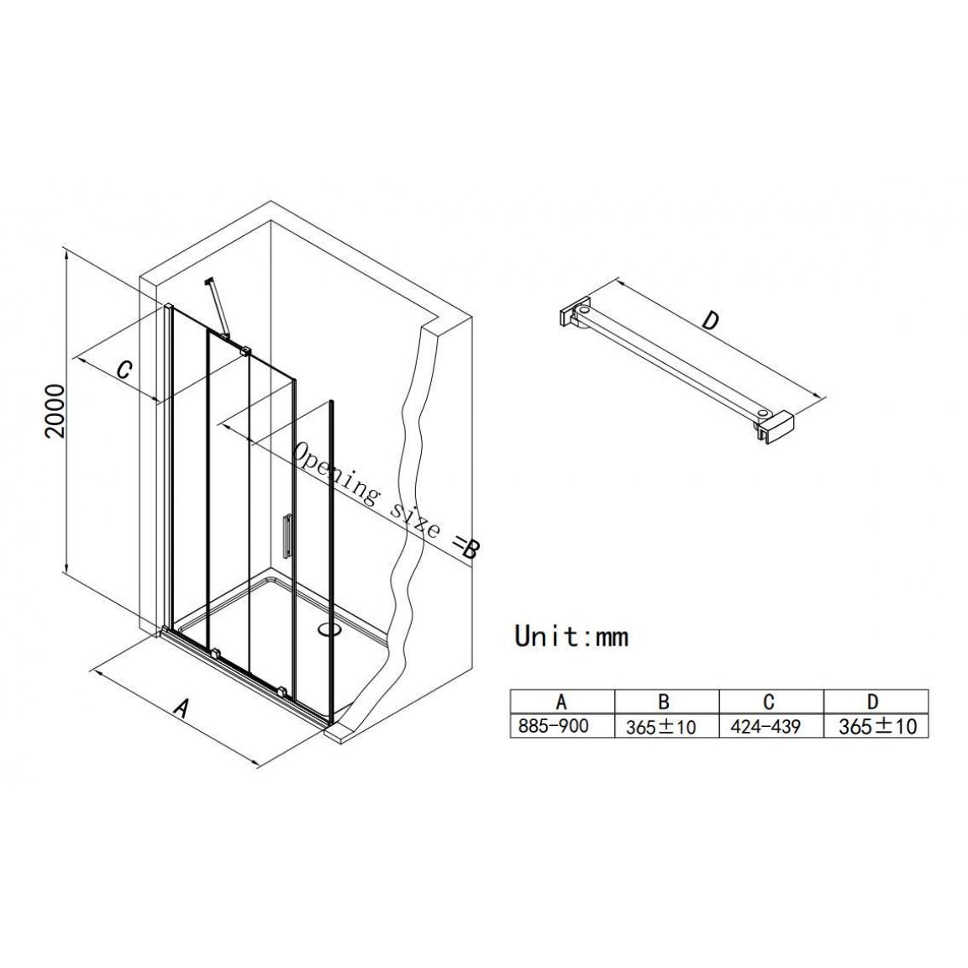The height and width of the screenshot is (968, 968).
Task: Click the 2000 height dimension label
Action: pyautogui.click(x=56, y=411)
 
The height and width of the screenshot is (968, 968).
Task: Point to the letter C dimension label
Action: pyautogui.click(x=124, y=369)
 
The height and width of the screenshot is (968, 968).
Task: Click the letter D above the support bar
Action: pyautogui.click(x=712, y=320)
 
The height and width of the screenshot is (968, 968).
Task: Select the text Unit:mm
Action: pyautogui.click(x=571, y=636)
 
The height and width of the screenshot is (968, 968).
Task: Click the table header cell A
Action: pyautogui.click(x=561, y=702)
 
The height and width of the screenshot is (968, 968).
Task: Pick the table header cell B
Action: pyautogui.click(x=664, y=702)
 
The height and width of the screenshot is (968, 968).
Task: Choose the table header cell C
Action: pyautogui.click(x=769, y=702)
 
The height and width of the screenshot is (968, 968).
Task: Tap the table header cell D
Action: pyautogui.click(x=872, y=702)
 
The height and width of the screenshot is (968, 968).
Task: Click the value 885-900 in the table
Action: pyautogui.click(x=553, y=726)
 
